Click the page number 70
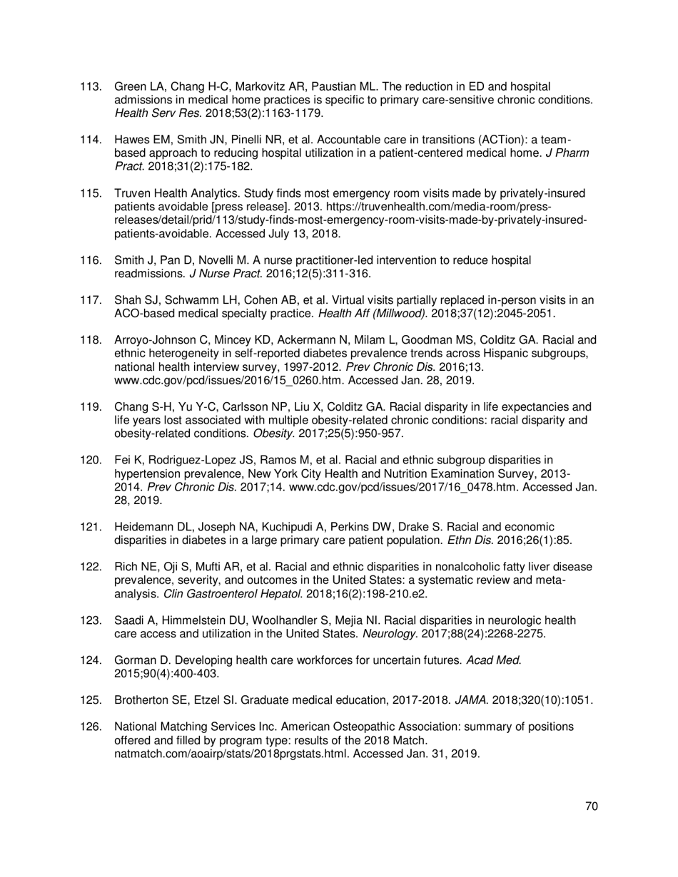click(590, 806)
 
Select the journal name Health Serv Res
click(142, 113)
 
